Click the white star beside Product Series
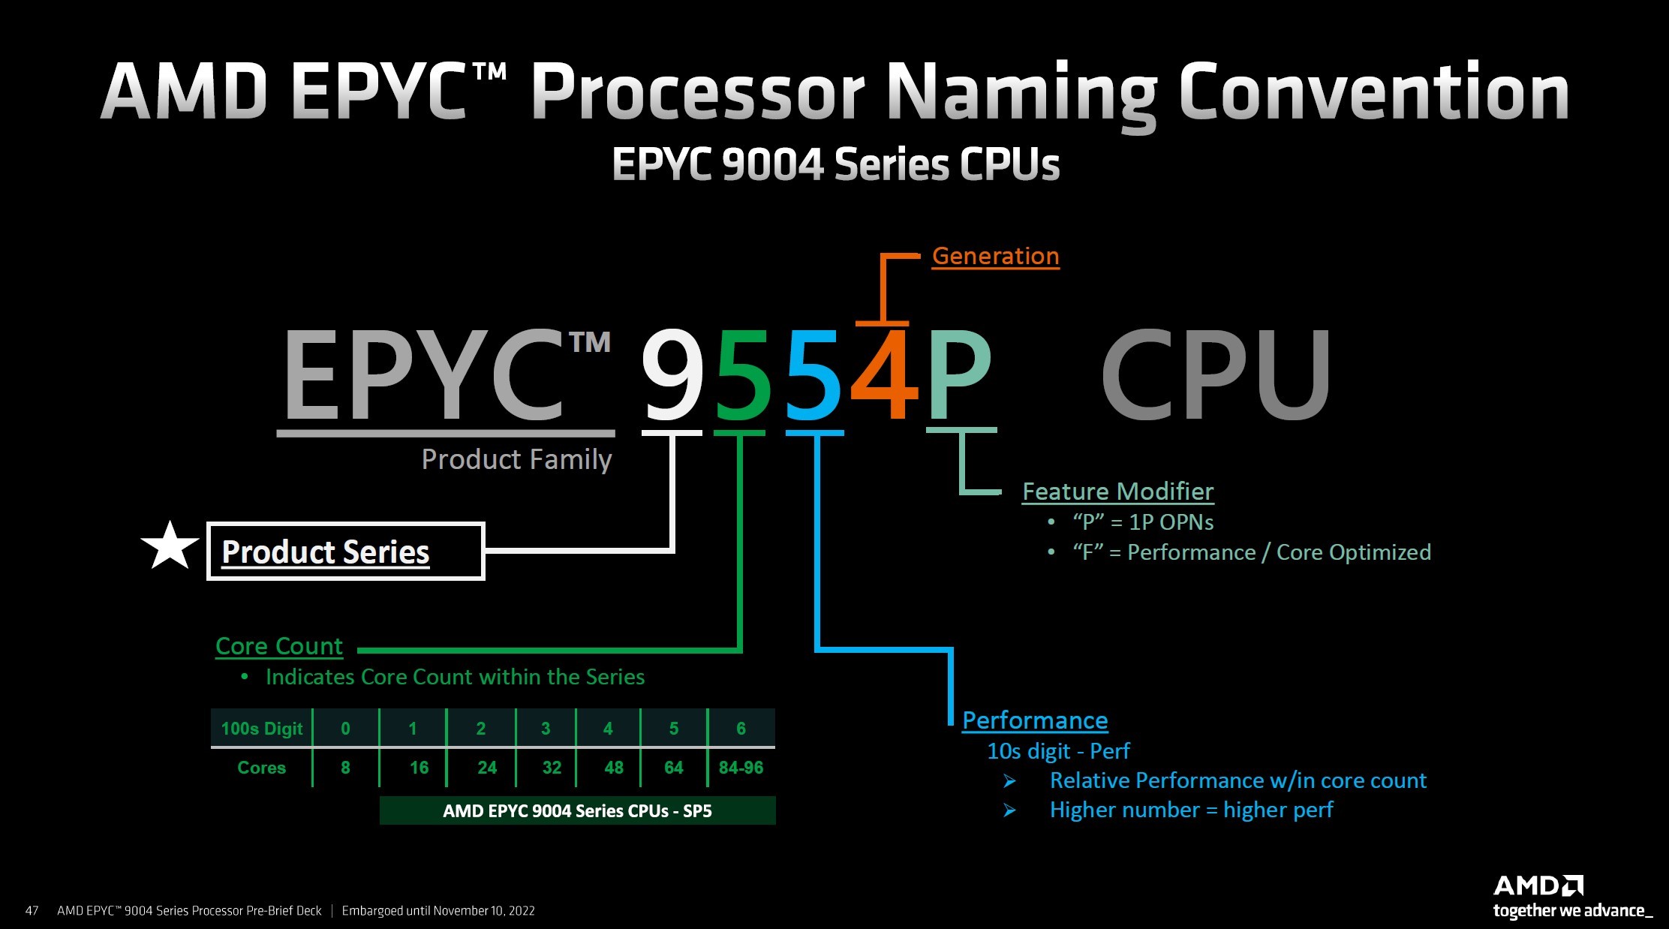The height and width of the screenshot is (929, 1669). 170,546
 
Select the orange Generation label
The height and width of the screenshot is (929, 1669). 995,256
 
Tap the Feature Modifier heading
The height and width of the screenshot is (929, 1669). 1117,492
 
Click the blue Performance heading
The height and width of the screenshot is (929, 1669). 1035,720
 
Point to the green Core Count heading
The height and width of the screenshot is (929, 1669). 278,646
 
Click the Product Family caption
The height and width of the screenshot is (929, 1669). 516,459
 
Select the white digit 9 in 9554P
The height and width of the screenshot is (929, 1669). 672,375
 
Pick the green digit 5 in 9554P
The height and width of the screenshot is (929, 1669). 743,375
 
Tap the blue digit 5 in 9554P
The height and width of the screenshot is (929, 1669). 814,375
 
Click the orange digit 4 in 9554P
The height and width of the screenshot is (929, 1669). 886,375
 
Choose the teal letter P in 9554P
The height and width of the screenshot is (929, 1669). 959,375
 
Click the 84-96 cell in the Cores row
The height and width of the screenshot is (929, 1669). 741,768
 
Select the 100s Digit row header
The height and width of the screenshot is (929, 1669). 261,729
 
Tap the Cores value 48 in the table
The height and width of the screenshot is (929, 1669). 614,768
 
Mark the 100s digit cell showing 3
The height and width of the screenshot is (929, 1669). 546,729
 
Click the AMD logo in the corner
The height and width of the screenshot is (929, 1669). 1538,886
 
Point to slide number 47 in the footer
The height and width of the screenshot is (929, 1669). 32,911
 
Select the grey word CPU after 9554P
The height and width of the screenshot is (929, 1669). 1216,375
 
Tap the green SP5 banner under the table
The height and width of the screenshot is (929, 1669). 577,811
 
